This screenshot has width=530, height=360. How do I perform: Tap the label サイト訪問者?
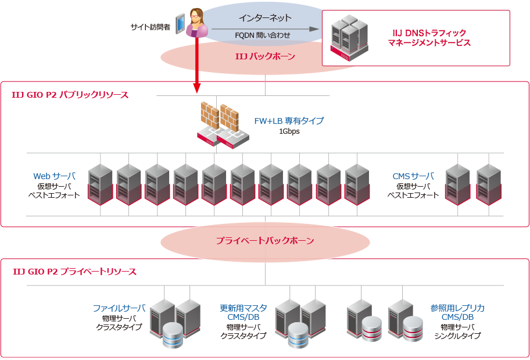(x=151, y=27)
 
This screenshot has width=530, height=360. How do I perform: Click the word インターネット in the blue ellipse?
(x=265, y=18)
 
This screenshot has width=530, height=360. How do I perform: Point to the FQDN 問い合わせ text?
(x=262, y=35)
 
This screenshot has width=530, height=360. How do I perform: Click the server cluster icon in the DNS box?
(x=349, y=38)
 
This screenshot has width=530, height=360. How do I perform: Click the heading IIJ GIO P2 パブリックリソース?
(x=70, y=94)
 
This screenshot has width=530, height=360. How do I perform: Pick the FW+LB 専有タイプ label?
(x=289, y=121)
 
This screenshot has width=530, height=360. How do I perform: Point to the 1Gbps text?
(x=289, y=131)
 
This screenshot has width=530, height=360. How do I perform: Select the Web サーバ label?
(x=54, y=176)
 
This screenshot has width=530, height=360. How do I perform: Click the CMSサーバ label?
(x=413, y=176)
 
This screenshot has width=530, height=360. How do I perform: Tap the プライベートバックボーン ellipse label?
(x=265, y=240)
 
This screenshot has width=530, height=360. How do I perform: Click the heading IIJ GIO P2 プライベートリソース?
(x=74, y=272)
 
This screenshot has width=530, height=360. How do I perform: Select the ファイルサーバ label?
(x=119, y=308)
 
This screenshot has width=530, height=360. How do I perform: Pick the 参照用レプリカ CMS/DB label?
(x=457, y=312)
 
